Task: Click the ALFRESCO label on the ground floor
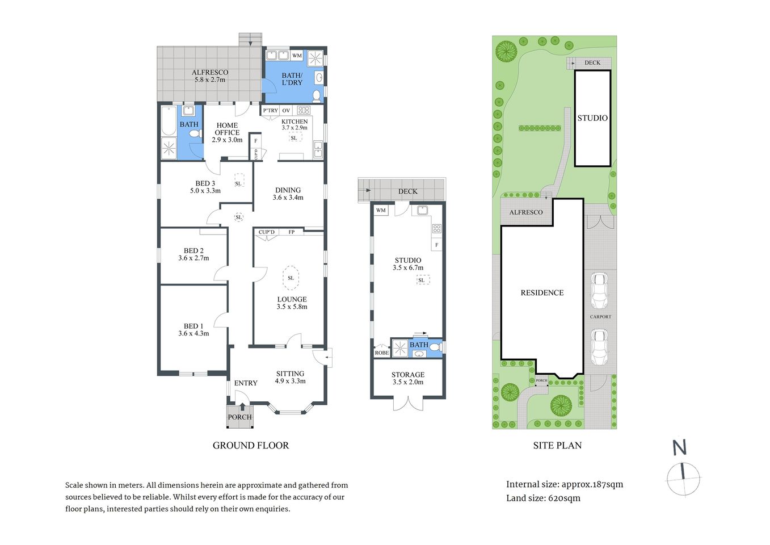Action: pyautogui.click(x=210, y=72)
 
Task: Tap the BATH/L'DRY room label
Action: pyautogui.click(x=292, y=79)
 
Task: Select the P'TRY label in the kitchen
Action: pyautogui.click(x=271, y=111)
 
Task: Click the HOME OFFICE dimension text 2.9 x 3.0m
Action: pyautogui.click(x=227, y=140)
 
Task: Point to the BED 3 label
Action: pyautogui.click(x=205, y=183)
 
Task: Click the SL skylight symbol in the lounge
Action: pyautogui.click(x=291, y=278)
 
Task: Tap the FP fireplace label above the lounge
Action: pyautogui.click(x=292, y=232)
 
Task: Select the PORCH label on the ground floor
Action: pyautogui.click(x=239, y=417)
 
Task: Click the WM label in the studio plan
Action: pyautogui.click(x=381, y=210)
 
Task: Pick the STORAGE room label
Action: pyautogui.click(x=407, y=375)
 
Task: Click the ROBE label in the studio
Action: pyautogui.click(x=382, y=353)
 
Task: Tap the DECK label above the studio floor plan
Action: pyautogui.click(x=407, y=191)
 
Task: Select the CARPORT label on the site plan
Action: pyautogui.click(x=600, y=317)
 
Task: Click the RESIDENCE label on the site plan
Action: pyautogui.click(x=542, y=293)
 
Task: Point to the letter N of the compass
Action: pyautogui.click(x=679, y=448)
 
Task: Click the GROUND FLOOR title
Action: pyautogui.click(x=250, y=446)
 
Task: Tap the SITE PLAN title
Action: pyautogui.click(x=557, y=446)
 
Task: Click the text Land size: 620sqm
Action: pyautogui.click(x=543, y=498)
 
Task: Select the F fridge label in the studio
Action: pyautogui.click(x=436, y=245)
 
